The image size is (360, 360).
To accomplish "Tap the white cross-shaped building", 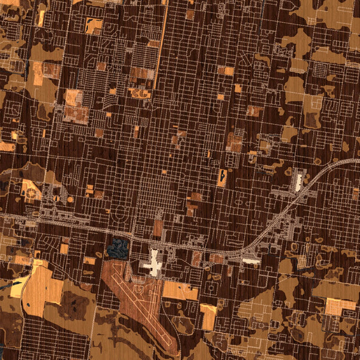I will pos(155,264).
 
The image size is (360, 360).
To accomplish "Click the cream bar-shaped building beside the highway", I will pos(251,260).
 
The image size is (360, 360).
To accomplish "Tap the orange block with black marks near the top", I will pos(94,26).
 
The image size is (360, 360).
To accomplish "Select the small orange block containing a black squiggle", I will pos(223,177).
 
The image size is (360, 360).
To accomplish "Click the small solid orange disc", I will pos(70,198).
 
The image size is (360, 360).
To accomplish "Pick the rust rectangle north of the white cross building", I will pos(158,228).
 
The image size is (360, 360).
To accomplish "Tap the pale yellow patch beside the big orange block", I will pos(18,287).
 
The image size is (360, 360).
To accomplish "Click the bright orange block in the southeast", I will pos(340,305).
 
